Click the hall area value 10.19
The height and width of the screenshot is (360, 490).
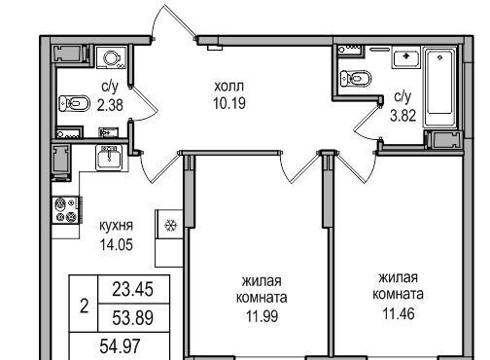229,103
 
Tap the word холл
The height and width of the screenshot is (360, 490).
229,87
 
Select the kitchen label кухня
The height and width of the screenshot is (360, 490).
116,226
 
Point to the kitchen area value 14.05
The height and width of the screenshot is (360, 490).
117,244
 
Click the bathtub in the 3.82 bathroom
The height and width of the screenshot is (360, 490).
439,86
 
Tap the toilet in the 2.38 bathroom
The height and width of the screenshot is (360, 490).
74,103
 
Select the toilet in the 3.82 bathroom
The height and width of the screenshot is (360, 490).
356,79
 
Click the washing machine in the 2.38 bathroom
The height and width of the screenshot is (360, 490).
112,57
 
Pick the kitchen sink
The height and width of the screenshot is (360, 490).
109,158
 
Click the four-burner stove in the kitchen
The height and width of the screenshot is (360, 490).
66,210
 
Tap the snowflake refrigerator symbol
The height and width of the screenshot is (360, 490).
170,226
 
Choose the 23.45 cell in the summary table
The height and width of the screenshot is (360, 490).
132,289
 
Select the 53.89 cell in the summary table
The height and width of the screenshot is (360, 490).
132,318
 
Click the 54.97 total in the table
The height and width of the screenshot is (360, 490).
120,346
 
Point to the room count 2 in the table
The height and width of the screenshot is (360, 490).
84,306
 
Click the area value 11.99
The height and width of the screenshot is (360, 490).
262,316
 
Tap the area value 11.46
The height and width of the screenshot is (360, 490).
399,313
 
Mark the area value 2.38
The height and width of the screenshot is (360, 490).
110,105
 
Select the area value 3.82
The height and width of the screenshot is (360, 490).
402,115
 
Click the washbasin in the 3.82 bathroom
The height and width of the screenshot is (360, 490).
406,57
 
